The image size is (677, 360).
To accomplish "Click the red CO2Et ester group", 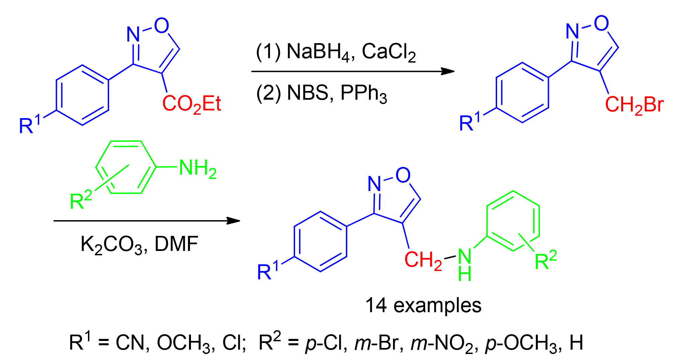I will (191, 104).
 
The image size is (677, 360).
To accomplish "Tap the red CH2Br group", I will (634, 105).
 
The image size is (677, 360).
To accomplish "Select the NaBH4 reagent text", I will (317, 52).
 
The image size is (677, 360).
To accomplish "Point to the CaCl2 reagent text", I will (389, 52).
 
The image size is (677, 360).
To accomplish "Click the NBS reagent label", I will (307, 93).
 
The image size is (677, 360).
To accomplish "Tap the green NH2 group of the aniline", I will (198, 168).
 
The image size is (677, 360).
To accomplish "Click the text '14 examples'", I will (423, 305).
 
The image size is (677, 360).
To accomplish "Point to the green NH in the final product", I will (465, 264).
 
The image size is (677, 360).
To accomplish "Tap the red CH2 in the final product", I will (423, 260).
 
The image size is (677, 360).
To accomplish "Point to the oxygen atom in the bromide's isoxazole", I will (601, 23).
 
